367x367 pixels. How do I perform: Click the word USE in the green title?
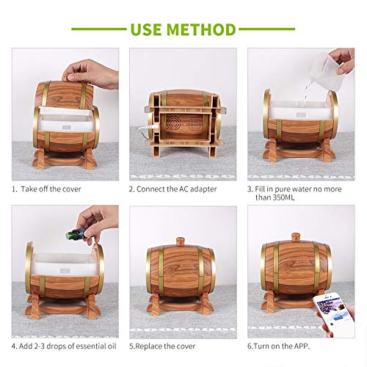[x=146, y=29]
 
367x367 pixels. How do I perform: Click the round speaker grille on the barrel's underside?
[x=173, y=123]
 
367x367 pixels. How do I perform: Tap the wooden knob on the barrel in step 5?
[x=181, y=241]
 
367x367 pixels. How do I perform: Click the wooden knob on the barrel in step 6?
[x=296, y=236]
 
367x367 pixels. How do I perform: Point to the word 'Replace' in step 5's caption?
[x=149, y=346]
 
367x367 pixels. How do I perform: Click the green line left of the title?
[x=99, y=29]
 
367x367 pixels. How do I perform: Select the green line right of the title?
[x=267, y=29]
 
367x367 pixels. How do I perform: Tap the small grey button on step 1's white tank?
[x=65, y=128]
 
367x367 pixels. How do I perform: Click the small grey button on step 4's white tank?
[x=65, y=271]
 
